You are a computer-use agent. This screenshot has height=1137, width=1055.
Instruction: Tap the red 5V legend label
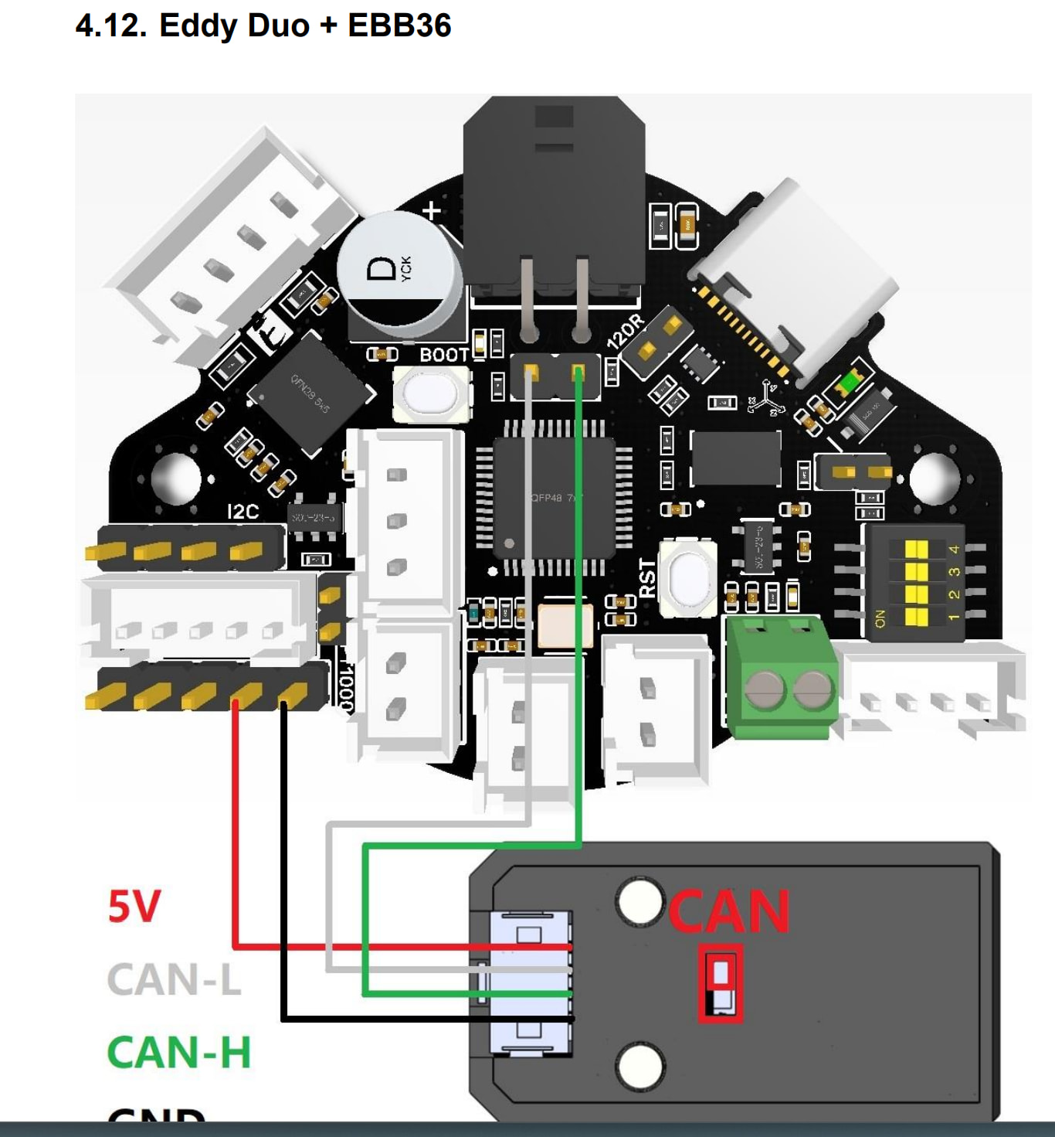134,906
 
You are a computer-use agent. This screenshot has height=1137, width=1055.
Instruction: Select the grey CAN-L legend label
174,979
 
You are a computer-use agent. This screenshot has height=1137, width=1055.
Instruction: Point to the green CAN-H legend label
179,1052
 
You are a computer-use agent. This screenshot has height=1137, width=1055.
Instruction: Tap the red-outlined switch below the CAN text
721,983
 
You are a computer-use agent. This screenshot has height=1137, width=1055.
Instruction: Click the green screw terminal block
780,676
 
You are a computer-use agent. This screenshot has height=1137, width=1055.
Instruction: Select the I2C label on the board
243,512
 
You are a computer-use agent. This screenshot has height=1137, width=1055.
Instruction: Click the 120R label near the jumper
625,331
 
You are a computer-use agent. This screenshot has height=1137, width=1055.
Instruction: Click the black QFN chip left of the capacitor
310,393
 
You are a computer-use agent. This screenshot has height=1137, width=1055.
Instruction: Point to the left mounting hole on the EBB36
176,477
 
